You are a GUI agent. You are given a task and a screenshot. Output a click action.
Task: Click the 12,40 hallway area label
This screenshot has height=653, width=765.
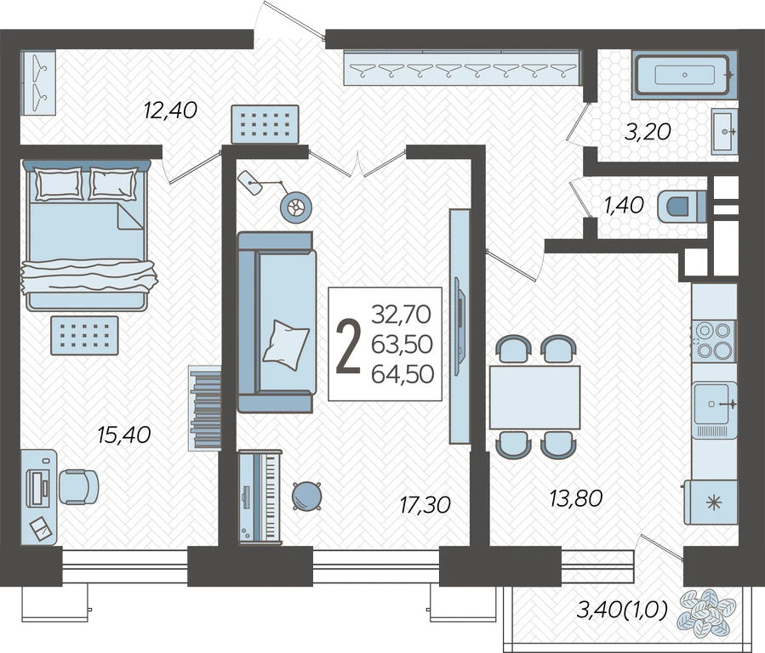coord(170,111)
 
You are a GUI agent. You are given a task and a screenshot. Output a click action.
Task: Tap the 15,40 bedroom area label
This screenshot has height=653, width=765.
coord(124,434)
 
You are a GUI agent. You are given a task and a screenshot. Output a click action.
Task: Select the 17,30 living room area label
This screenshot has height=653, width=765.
coord(425,505)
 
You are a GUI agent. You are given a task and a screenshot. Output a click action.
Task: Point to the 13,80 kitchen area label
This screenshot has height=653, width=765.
coord(576,498)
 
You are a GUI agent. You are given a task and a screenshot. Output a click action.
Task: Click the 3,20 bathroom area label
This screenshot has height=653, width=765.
coord(648,132)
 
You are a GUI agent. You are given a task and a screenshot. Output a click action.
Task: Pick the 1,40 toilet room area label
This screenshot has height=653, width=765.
coord(624,205)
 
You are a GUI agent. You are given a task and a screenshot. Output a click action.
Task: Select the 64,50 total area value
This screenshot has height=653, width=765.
coord(402,374)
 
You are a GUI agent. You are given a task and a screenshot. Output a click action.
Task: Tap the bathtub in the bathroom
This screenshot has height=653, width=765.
coord(684,75)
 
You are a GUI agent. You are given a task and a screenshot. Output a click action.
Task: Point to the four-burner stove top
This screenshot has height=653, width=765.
coord(713,341)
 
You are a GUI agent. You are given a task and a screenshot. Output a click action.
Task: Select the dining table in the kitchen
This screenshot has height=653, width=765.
coord(534,397)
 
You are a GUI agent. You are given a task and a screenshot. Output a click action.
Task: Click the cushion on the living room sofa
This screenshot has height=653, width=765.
coord(286,344)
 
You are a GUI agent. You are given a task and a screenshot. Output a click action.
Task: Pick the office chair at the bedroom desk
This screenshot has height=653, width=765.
coord(78,487)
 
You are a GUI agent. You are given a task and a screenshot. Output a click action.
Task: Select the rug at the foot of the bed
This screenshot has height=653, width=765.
coord(84,335)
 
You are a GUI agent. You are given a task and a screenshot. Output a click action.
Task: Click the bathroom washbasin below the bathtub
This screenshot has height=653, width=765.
coord(724,132)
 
